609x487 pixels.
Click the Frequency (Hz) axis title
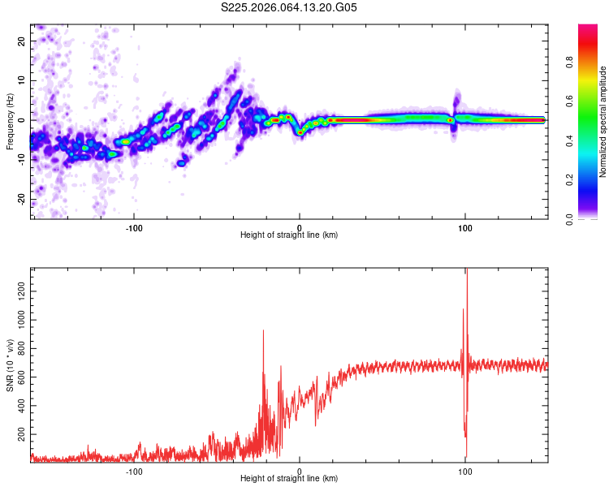point(11,120)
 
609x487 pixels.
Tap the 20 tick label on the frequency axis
point(22,41)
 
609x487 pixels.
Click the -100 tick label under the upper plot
point(134,228)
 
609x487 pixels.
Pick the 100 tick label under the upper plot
point(465,228)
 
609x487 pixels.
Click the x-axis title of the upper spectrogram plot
point(289,236)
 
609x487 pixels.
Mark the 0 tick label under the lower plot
point(300,472)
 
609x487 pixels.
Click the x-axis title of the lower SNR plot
point(289,480)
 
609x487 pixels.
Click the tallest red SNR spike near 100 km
point(467,271)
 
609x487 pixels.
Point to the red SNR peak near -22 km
point(263,331)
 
